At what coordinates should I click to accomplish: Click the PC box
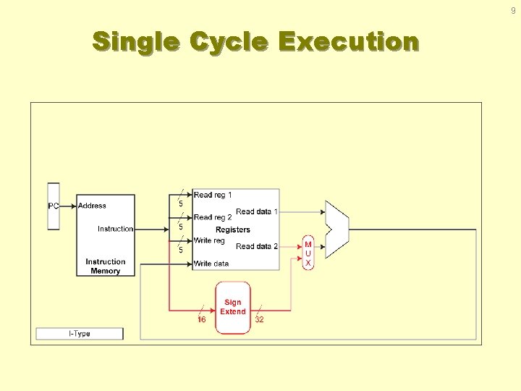54,206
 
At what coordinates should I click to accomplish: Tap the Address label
92,206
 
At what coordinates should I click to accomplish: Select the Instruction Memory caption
105,266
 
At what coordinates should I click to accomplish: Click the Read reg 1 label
213,195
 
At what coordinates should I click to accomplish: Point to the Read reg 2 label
213,217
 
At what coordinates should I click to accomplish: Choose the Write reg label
209,240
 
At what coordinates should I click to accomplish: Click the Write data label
211,264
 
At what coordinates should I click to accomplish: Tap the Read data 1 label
257,211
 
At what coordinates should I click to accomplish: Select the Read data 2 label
257,246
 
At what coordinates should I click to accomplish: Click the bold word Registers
233,230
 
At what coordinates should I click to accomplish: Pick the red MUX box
308,253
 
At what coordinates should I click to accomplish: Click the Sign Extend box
233,307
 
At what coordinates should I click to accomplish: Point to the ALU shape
337,230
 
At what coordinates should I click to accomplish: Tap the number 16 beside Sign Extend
202,319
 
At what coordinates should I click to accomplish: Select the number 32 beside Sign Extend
259,319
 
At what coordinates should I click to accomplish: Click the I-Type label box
80,334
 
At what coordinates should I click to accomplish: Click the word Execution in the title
348,42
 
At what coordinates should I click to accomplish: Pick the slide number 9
513,11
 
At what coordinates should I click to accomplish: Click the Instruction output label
116,229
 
